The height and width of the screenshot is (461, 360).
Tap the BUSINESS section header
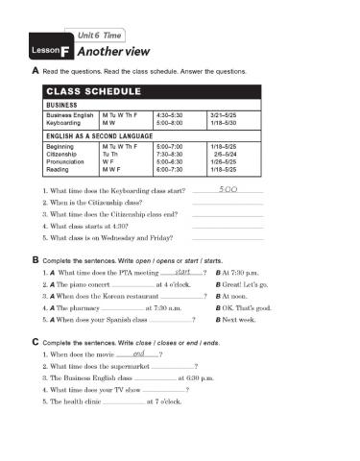pyautogui.click(x=61, y=106)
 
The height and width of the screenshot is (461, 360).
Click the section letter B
pyautogui.click(x=36, y=260)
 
